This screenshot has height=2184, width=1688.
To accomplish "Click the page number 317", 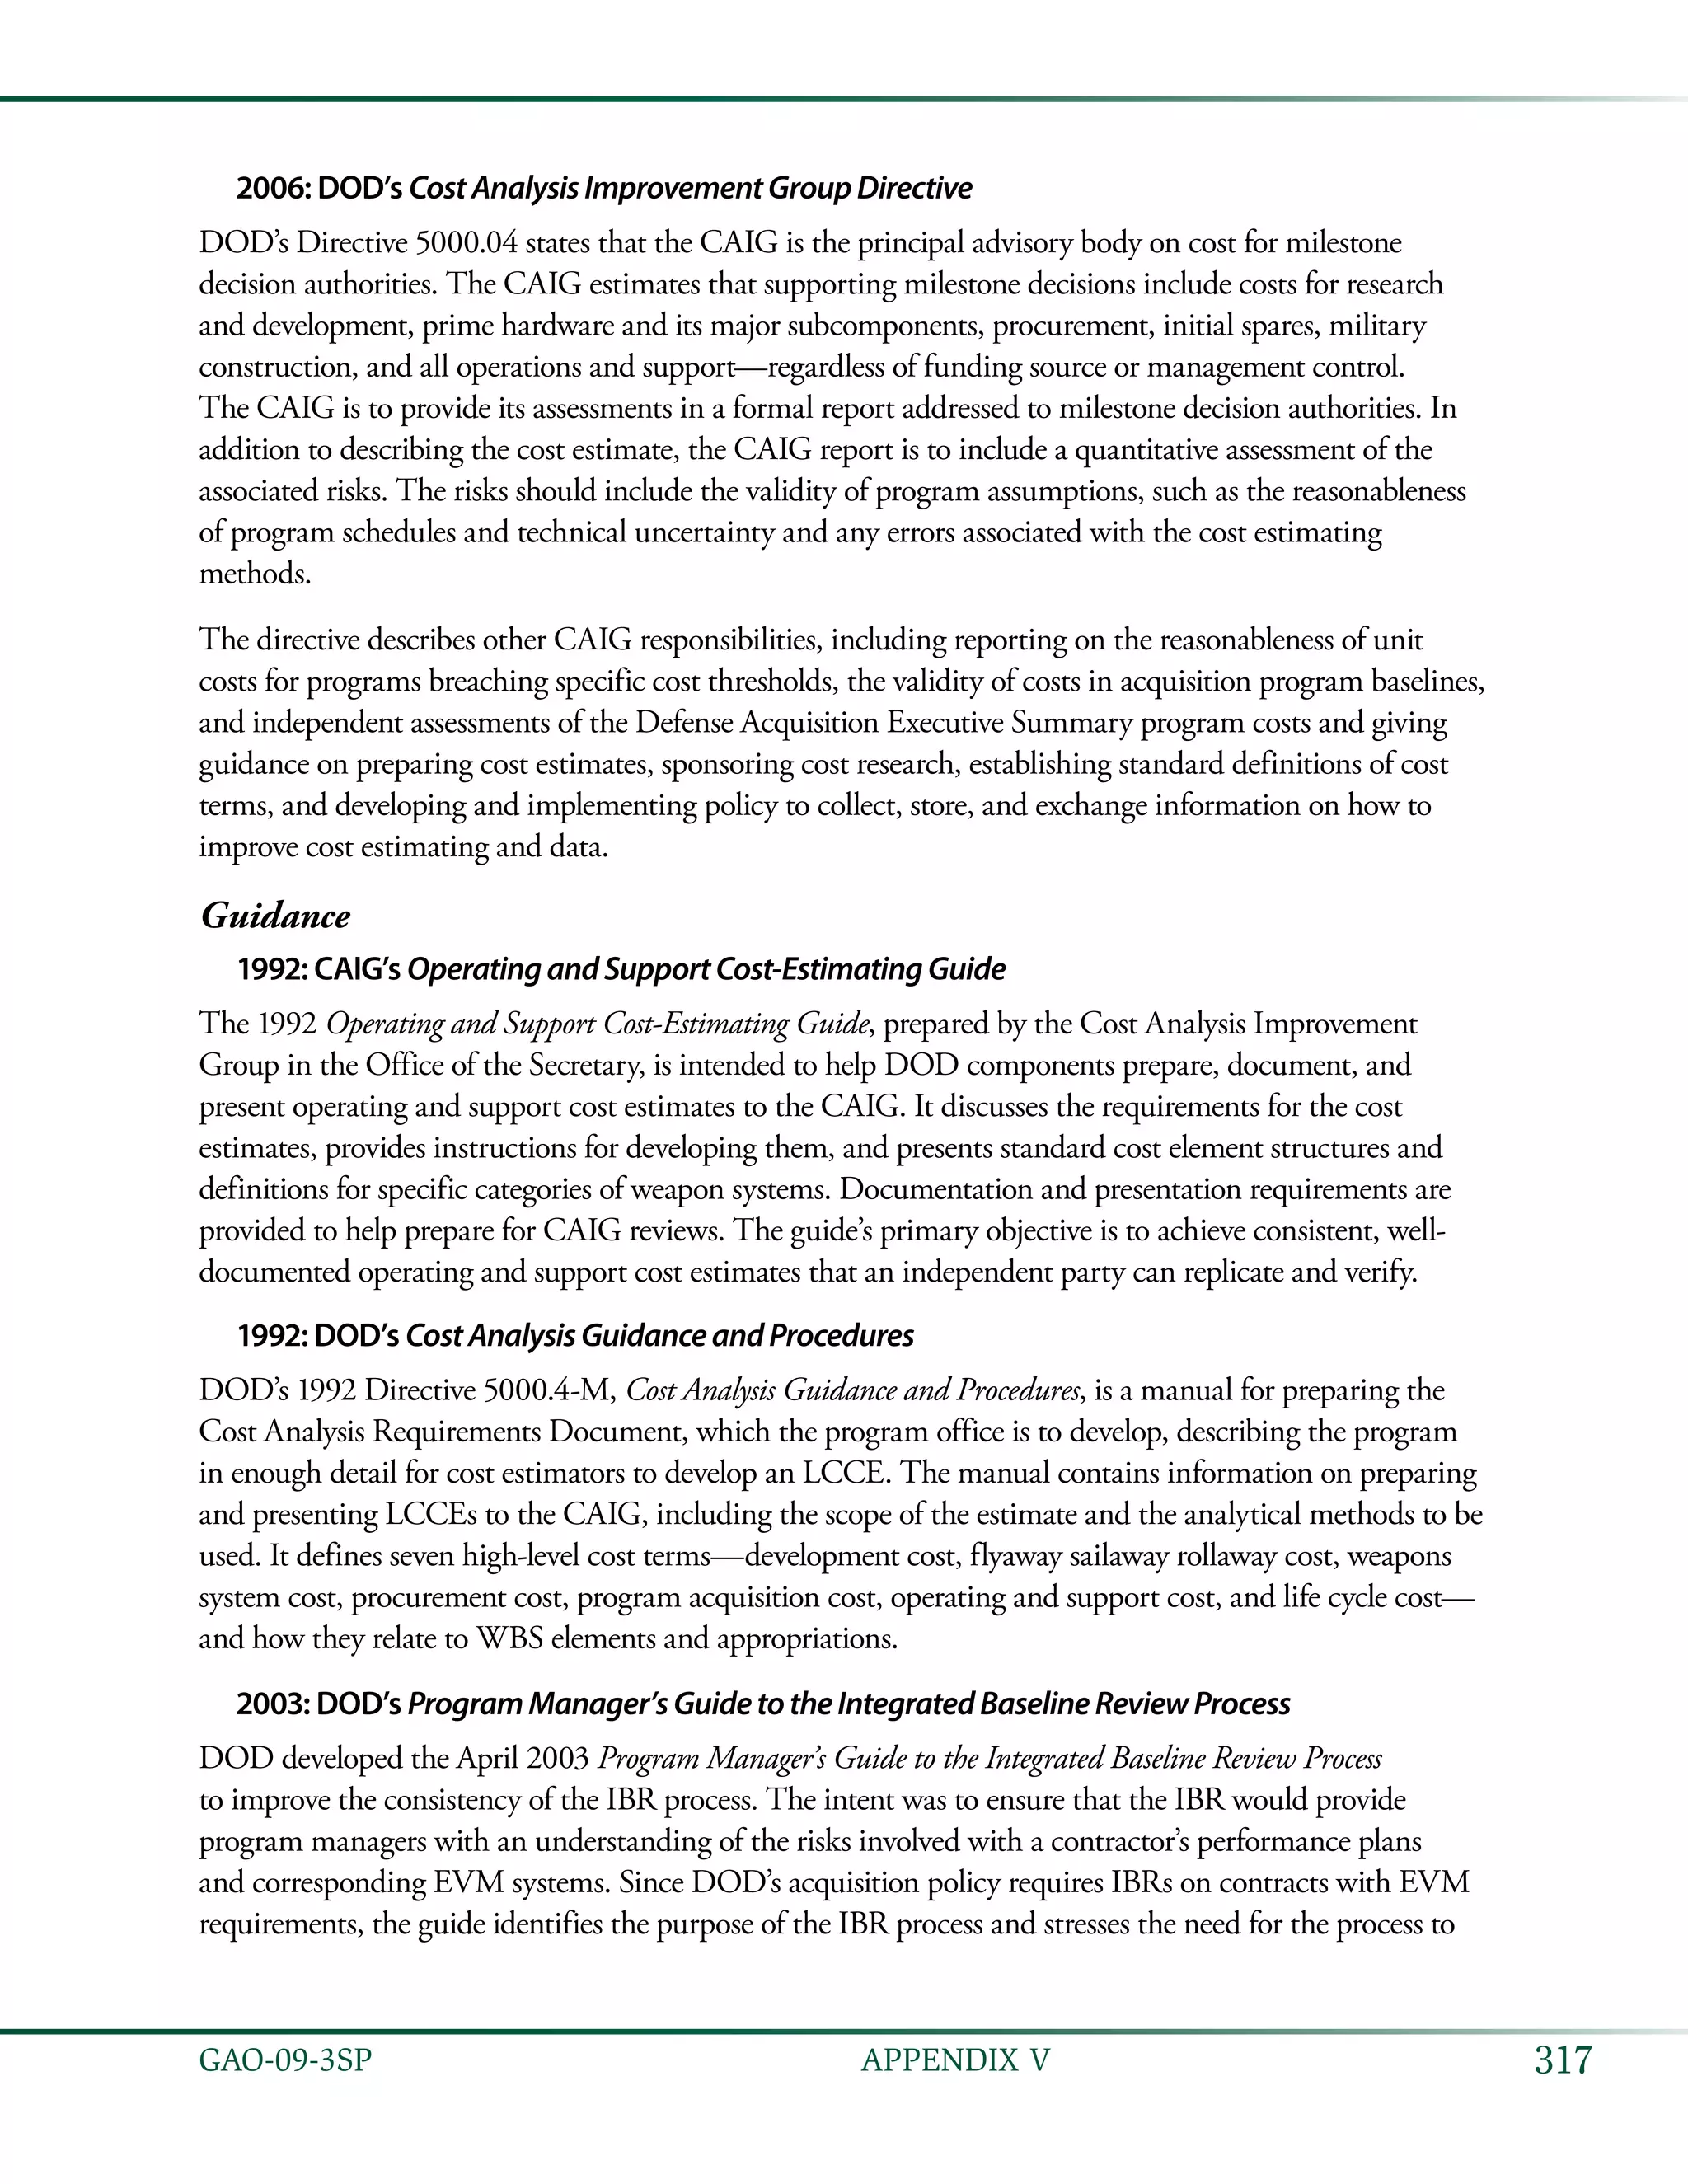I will pyautogui.click(x=1561, y=2061).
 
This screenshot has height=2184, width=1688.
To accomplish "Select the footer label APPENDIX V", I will pyautogui.click(x=955, y=2061).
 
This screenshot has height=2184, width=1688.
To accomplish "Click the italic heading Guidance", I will pyautogui.click(x=276, y=916).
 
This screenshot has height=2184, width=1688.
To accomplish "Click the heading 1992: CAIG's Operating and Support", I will pyautogui.click(x=621, y=969).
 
